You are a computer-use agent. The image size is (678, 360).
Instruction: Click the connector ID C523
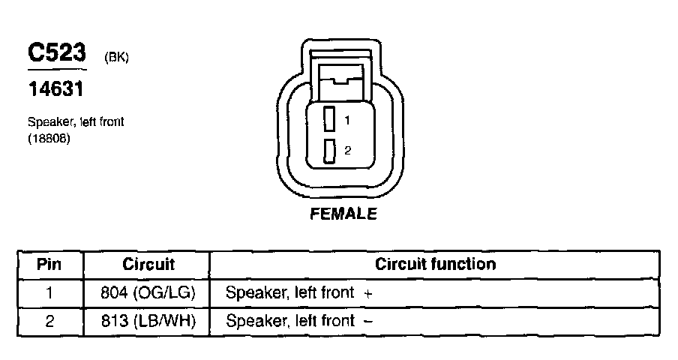(x=56, y=53)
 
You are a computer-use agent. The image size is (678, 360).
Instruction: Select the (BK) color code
(x=117, y=58)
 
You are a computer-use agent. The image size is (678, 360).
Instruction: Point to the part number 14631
(x=55, y=89)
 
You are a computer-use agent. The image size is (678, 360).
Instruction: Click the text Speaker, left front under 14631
(x=76, y=122)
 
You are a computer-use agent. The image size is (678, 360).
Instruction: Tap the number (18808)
(x=49, y=139)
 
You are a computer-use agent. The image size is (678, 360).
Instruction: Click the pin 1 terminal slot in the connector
(x=328, y=118)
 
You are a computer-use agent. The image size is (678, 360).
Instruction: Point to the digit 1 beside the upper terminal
(x=347, y=119)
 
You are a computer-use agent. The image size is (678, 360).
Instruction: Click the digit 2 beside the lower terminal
(x=347, y=151)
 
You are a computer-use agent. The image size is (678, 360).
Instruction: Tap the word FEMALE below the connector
(x=343, y=214)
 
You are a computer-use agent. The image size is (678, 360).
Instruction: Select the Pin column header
(x=49, y=264)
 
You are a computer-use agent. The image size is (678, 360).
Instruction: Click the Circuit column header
(x=148, y=264)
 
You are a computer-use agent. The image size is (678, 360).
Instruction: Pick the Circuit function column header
(x=435, y=264)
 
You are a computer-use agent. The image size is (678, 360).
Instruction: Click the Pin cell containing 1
(x=49, y=293)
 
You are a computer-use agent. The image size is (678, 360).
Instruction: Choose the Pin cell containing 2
(x=49, y=322)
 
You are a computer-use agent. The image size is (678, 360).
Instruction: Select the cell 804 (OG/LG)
(x=148, y=293)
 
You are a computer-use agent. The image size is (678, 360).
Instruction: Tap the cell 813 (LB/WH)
(x=148, y=322)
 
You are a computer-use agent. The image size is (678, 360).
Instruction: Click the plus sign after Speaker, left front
(x=367, y=294)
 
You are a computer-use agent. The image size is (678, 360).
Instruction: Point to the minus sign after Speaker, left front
(x=367, y=322)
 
